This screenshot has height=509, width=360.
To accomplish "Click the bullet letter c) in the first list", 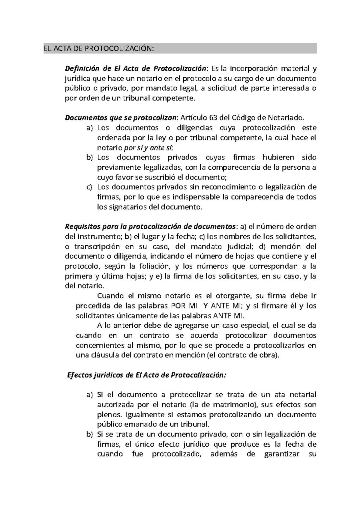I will coord(89,187).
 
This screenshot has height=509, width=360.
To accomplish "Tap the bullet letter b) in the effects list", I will coord(89,434).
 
